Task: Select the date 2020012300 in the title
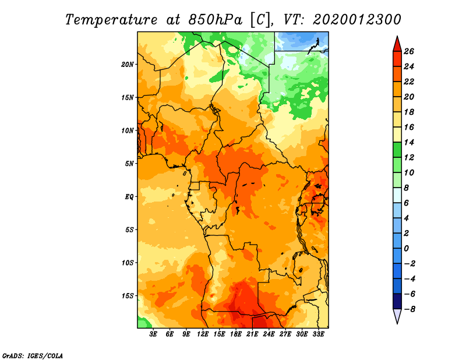tap(356, 19)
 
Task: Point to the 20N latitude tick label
tap(128, 64)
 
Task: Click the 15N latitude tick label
tap(128, 97)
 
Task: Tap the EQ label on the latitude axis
tap(129, 196)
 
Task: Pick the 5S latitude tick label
tap(129, 230)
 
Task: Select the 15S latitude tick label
tap(128, 295)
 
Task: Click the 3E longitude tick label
tap(154, 334)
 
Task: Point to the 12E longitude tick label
tap(203, 334)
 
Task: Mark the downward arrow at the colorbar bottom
tap(397, 316)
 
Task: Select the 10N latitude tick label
tap(128, 130)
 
